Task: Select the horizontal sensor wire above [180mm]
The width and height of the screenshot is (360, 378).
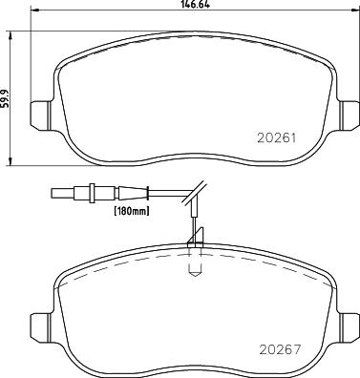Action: (x=143, y=196)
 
